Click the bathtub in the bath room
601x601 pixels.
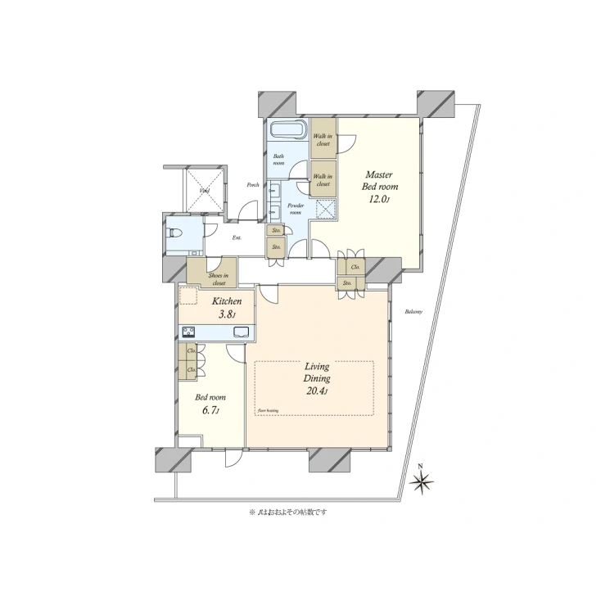pyautogui.click(x=287, y=130)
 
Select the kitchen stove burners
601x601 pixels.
pyautogui.click(x=188, y=332)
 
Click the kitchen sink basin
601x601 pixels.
pyautogui.click(x=242, y=332)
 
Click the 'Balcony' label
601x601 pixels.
pyautogui.click(x=413, y=311)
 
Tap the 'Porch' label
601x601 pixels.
pyautogui.click(x=254, y=185)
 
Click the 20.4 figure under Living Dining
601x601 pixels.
pyautogui.click(x=318, y=391)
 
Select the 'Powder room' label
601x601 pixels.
pyautogui.click(x=296, y=210)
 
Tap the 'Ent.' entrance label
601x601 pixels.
pyautogui.click(x=237, y=238)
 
